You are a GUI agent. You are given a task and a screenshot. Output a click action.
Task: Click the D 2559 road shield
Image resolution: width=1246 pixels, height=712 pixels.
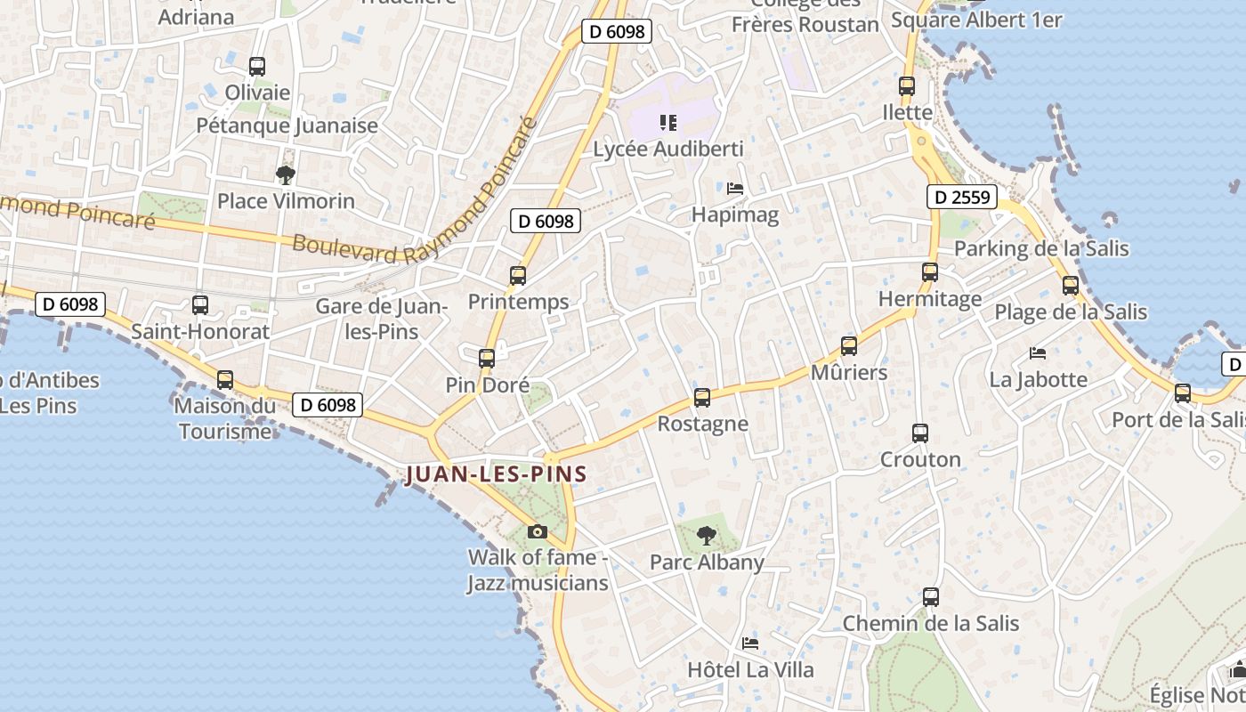click(x=961, y=197)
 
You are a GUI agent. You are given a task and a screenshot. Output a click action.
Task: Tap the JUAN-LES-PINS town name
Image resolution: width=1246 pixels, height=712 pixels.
click(x=496, y=474)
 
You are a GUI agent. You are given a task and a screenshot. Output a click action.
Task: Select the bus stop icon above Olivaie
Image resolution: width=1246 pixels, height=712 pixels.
click(x=257, y=67)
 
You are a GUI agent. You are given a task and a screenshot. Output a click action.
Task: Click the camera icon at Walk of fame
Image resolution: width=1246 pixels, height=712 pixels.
click(x=538, y=531)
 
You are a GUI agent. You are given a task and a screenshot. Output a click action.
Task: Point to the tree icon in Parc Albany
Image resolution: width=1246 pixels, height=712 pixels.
click(x=707, y=536)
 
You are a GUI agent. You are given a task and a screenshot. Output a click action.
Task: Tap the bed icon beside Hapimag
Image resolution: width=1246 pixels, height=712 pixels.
click(x=735, y=189)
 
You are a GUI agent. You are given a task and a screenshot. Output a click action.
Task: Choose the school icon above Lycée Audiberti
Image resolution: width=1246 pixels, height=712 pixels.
click(x=667, y=123)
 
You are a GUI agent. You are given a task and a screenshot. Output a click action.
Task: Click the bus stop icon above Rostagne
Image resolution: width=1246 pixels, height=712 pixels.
click(x=702, y=398)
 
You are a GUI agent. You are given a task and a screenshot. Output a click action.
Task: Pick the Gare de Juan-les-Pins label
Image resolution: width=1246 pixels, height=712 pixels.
click(x=381, y=319)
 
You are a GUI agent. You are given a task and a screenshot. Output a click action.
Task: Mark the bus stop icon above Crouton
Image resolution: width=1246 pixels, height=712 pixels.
click(x=920, y=433)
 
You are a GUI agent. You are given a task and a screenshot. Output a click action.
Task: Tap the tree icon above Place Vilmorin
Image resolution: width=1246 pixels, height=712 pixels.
click(x=285, y=175)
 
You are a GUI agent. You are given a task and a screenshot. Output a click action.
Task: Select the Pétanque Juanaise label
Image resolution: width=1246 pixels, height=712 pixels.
click(x=287, y=125)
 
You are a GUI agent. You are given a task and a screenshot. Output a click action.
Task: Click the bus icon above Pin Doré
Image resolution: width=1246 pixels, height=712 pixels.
click(x=487, y=359)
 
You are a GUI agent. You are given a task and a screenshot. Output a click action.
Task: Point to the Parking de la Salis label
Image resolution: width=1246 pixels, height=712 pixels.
click(x=1041, y=248)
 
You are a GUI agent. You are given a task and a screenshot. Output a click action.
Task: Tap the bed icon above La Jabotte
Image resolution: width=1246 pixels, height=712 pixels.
click(x=1038, y=353)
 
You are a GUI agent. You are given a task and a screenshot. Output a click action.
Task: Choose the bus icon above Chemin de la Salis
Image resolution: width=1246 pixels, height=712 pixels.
click(x=931, y=597)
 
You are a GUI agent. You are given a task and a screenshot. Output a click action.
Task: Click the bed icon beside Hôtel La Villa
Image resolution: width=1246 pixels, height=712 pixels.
click(x=750, y=643)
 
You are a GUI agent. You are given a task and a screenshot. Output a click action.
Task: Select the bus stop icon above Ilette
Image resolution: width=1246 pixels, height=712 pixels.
click(x=907, y=86)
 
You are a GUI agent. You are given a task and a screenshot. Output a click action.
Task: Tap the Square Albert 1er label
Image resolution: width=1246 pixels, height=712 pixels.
click(x=976, y=20)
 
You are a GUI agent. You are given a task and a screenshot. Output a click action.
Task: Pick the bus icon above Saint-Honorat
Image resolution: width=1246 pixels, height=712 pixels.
click(x=200, y=305)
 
